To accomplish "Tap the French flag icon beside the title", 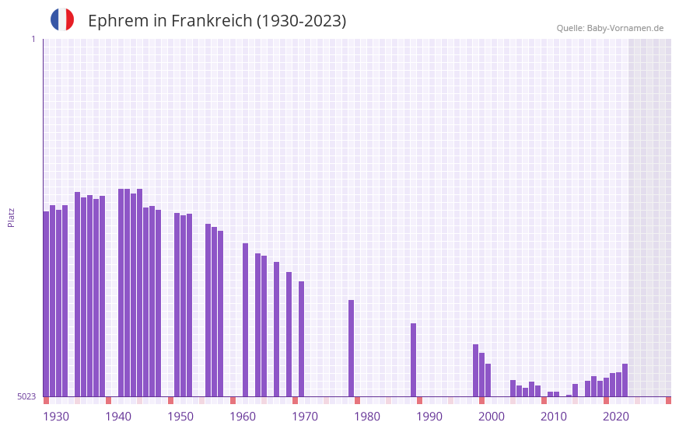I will point(62,19).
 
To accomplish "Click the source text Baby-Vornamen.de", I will point(625,28).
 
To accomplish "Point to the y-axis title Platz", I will point(11,217).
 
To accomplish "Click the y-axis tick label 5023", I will point(26,396).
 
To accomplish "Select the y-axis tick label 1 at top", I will point(33,39).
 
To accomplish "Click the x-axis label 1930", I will point(56,417).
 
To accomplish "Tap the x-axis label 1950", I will point(180,417).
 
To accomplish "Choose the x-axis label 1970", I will point(305,417).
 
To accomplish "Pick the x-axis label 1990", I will point(429,417).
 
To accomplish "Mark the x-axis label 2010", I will point(554,417).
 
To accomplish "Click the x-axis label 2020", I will point(616,417).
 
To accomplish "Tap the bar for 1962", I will point(246,319).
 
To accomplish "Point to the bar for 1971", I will point(302,339).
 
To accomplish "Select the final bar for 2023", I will point(625,380).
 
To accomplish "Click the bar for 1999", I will point(476,370).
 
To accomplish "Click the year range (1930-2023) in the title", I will point(302,21).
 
